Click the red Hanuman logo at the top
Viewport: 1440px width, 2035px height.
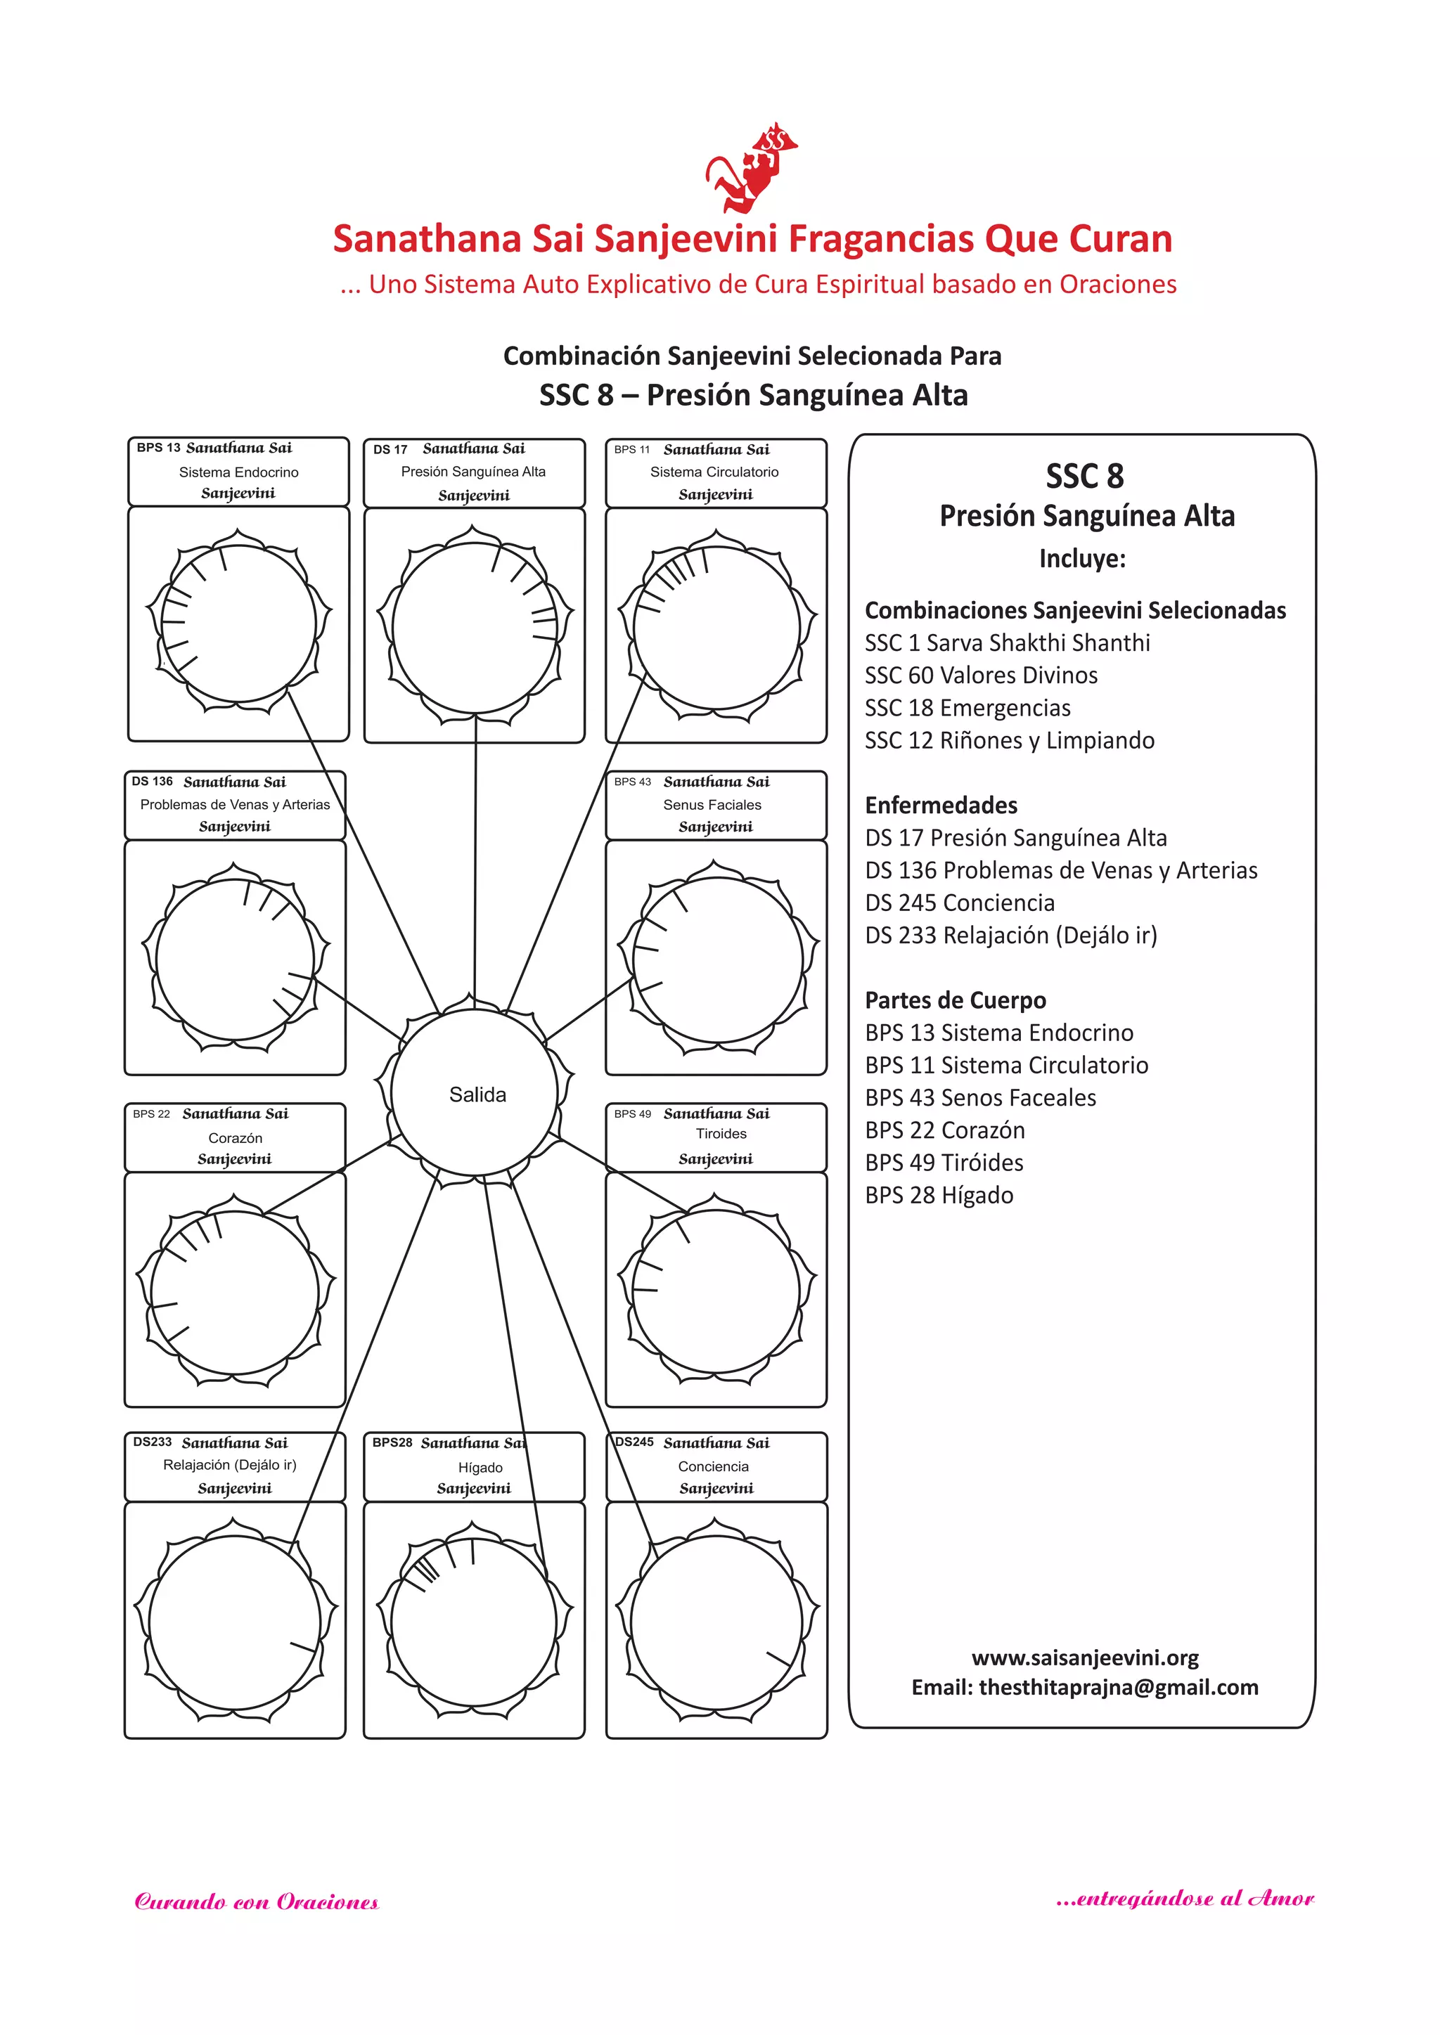tap(752, 169)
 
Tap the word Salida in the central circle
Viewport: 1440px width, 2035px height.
tap(477, 1094)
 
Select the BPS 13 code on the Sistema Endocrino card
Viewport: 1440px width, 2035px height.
tap(157, 448)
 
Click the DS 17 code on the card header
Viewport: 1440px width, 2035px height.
tap(390, 449)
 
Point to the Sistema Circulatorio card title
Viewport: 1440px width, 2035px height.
tap(714, 472)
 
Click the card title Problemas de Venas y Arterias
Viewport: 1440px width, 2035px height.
tap(235, 805)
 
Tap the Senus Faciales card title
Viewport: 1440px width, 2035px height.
tap(712, 805)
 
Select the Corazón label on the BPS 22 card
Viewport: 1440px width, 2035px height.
tap(235, 1138)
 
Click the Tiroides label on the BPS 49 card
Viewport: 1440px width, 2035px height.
tap(721, 1134)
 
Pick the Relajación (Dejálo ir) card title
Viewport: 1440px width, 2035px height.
tap(230, 1465)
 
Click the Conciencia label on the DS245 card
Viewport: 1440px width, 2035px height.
tap(713, 1467)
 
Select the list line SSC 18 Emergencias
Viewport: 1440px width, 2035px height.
tap(967, 708)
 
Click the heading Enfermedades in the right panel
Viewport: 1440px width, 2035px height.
tap(941, 806)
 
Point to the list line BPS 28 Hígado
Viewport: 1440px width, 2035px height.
tap(939, 1196)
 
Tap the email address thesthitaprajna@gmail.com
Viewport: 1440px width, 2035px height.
tap(1118, 1688)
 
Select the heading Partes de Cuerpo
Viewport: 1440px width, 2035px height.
tap(955, 1001)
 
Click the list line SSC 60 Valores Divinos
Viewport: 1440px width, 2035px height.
tap(981, 676)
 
